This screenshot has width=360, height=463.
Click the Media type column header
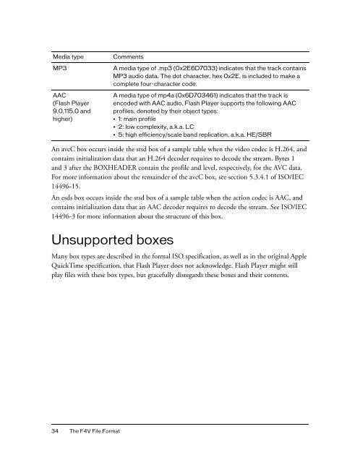(67, 56)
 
